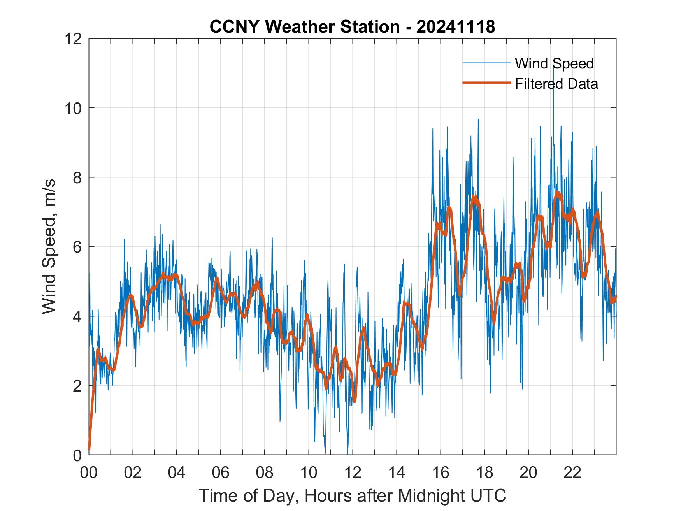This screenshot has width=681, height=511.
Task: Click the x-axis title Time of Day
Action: tap(352, 495)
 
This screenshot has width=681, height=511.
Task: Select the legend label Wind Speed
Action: tap(554, 63)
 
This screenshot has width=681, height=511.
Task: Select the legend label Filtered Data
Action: tap(556, 84)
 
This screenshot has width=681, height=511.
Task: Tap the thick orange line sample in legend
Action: tap(486, 83)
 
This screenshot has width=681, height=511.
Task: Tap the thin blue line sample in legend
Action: tap(486, 63)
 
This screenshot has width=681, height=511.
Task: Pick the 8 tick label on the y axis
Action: tap(77, 177)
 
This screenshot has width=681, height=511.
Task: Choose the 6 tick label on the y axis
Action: tap(77, 247)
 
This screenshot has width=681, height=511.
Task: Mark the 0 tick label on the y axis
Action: tap(77, 455)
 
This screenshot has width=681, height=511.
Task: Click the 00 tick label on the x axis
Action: tap(89, 473)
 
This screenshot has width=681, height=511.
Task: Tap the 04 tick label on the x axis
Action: tap(177, 473)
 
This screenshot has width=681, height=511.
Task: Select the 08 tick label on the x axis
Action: tap(265, 473)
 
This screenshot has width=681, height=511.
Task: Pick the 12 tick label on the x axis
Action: tap(353, 473)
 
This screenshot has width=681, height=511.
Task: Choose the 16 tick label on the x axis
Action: tap(441, 473)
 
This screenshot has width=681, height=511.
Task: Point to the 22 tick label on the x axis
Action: tap(572, 473)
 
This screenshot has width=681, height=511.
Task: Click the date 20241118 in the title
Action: tap(455, 27)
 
